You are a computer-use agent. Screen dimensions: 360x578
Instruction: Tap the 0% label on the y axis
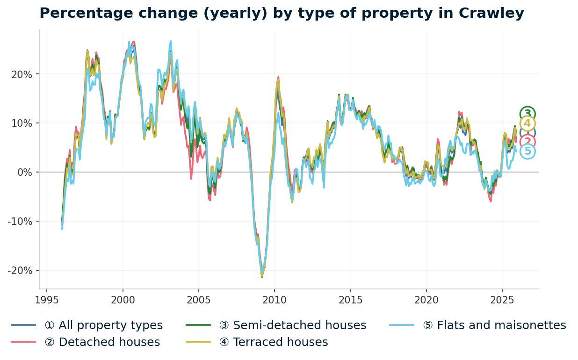coord(24,173)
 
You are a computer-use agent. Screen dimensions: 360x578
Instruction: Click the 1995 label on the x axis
coord(47,300)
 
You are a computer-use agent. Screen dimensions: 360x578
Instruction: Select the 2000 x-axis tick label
coord(123,300)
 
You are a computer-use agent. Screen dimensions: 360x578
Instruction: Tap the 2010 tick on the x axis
coord(274,300)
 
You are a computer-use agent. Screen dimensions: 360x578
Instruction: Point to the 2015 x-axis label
coord(350,300)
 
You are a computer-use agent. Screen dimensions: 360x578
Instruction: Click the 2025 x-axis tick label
coord(502,300)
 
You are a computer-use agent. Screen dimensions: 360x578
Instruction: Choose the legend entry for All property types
coord(103,325)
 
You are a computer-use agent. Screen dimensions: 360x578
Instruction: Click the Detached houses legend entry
coord(102,342)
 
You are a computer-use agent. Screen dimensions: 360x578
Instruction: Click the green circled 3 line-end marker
coord(527,114)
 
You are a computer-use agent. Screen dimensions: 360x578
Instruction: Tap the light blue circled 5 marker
coord(527,151)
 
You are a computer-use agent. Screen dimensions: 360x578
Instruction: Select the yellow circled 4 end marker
coord(527,123)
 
